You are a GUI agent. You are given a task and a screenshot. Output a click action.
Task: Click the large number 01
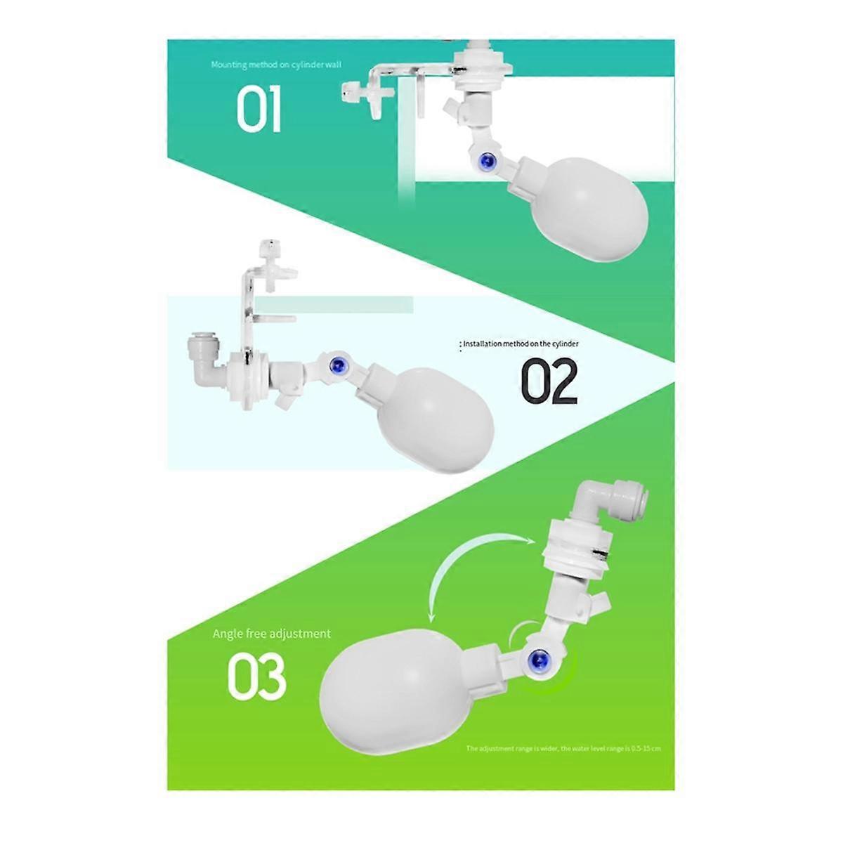tap(259, 110)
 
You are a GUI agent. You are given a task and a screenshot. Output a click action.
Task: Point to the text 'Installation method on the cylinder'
tap(520, 344)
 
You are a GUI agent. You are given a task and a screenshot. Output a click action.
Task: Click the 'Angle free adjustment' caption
tap(271, 634)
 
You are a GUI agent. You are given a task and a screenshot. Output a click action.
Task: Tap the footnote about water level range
tap(563, 748)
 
